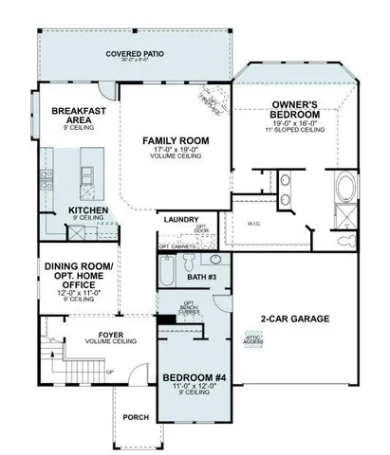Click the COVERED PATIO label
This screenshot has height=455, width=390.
coord(135,54)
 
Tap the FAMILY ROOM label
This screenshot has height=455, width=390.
coord(176,141)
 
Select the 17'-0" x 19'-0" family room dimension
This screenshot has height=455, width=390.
coord(176,150)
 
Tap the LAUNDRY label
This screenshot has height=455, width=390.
coord(181,219)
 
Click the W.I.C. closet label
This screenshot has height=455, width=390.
coord(253,224)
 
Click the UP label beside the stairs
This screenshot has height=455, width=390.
coord(112,372)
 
